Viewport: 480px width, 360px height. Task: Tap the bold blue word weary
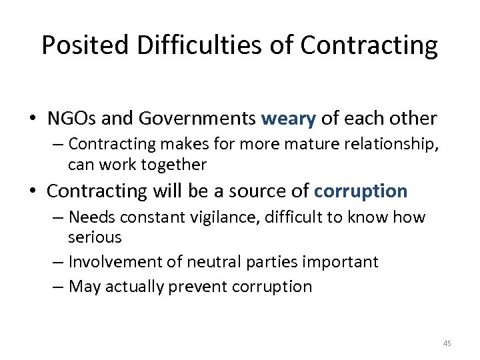point(288,119)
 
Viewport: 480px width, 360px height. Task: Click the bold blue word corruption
point(360,191)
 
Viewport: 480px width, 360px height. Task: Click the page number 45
point(447,343)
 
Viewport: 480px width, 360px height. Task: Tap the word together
point(173,164)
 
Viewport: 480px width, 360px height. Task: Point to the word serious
point(95,237)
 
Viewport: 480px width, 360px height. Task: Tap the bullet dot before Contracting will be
point(33,192)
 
